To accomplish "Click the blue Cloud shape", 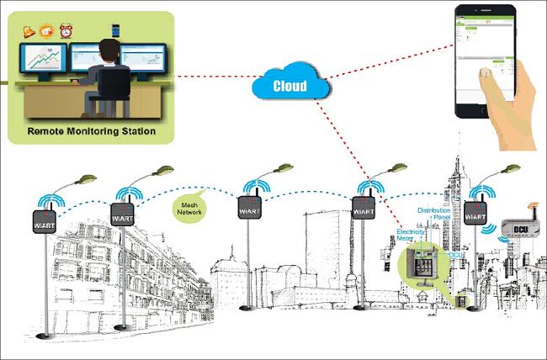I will point(289,84).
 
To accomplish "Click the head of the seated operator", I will point(110,51).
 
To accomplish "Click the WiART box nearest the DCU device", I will point(475,212).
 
